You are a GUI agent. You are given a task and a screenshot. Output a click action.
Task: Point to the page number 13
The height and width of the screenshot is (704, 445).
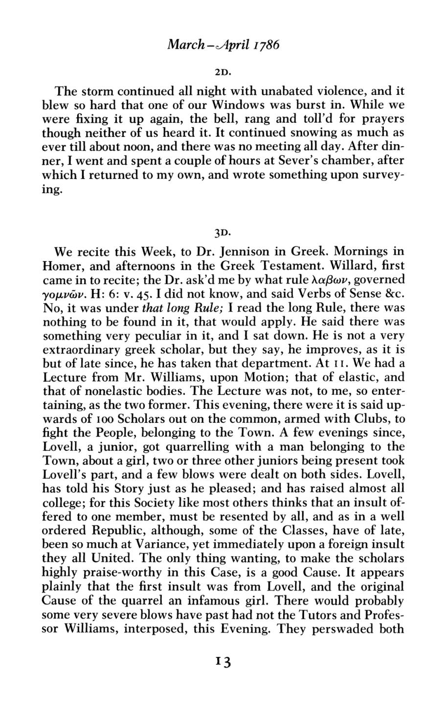click(222, 662)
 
